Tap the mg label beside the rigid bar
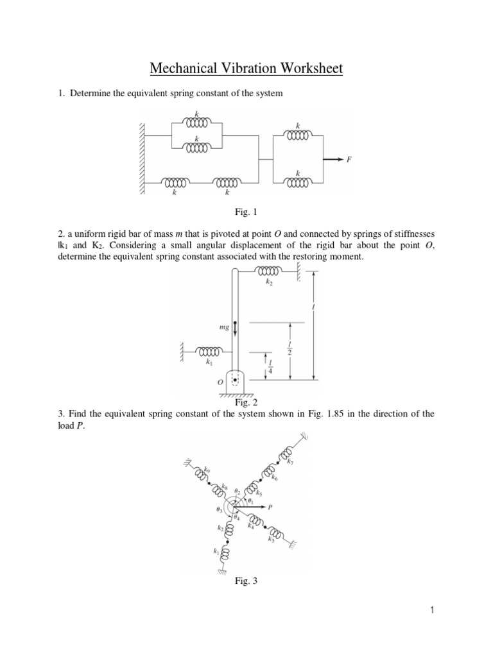click(x=224, y=327)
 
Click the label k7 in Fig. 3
click(x=291, y=462)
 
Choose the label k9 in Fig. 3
click(x=206, y=470)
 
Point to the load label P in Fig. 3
click(x=270, y=507)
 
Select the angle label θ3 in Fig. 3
click(x=220, y=511)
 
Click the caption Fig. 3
click(x=246, y=581)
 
